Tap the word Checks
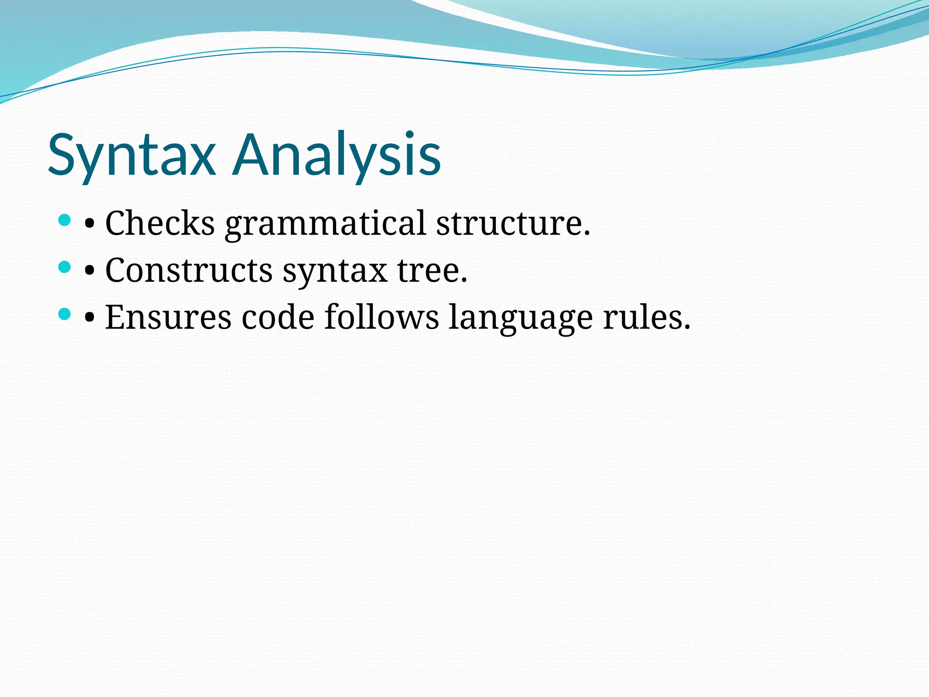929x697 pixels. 160,223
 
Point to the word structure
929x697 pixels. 513,223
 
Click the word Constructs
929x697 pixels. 189,270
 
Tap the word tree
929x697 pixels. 432,270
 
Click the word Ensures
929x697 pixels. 168,317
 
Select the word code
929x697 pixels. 278,317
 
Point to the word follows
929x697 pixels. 381,317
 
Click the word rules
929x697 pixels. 646,317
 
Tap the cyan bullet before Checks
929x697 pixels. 65,221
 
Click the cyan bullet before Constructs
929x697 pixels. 65,267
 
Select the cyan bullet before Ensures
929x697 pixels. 65,314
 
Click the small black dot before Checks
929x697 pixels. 89,225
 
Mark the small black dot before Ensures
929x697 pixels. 89,319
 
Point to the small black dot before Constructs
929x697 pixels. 89,271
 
